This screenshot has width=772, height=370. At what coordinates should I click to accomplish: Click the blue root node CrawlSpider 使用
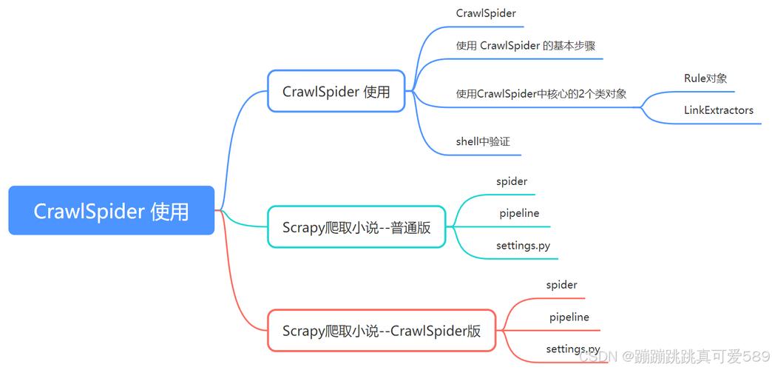tap(111, 211)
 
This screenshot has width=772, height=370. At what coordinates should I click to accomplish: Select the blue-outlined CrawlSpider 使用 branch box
tap(336, 91)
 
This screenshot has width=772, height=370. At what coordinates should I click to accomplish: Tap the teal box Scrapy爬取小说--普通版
tap(356, 227)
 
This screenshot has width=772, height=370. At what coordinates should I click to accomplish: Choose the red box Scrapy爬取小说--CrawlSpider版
tap(382, 331)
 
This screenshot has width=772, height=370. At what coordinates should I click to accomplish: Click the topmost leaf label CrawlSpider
tap(486, 13)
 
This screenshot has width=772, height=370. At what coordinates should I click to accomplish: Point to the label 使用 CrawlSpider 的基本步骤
tap(526, 45)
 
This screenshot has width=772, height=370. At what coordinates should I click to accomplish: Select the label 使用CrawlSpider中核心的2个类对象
tap(541, 93)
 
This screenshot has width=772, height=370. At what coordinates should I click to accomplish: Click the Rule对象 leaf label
tap(705, 78)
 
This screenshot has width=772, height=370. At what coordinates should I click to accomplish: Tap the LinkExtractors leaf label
tap(718, 110)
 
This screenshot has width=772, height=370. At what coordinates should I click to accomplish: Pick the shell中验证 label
tap(483, 141)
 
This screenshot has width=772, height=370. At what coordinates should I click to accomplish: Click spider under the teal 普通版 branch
tap(512, 181)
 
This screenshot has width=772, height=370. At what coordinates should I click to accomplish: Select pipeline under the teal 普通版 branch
tap(519, 213)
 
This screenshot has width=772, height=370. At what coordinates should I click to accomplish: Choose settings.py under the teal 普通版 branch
tap(523, 245)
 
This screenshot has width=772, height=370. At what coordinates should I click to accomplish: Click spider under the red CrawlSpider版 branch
tap(561, 284)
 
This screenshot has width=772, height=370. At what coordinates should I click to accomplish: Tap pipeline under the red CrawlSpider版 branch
tap(569, 317)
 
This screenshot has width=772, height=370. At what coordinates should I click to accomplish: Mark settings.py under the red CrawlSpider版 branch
tap(572, 349)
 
